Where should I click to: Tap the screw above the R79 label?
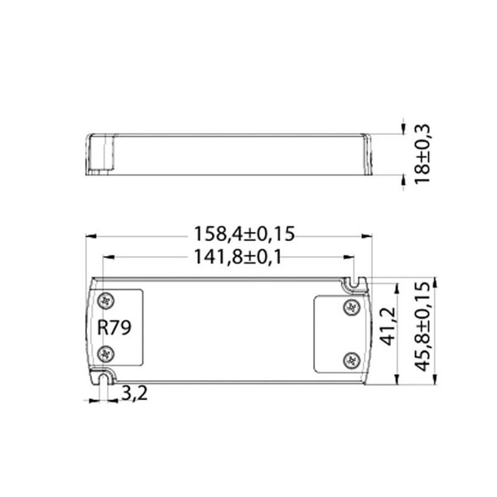click(105, 298)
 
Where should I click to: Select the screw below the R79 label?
click(105, 355)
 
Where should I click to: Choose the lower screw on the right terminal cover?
click(350, 359)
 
